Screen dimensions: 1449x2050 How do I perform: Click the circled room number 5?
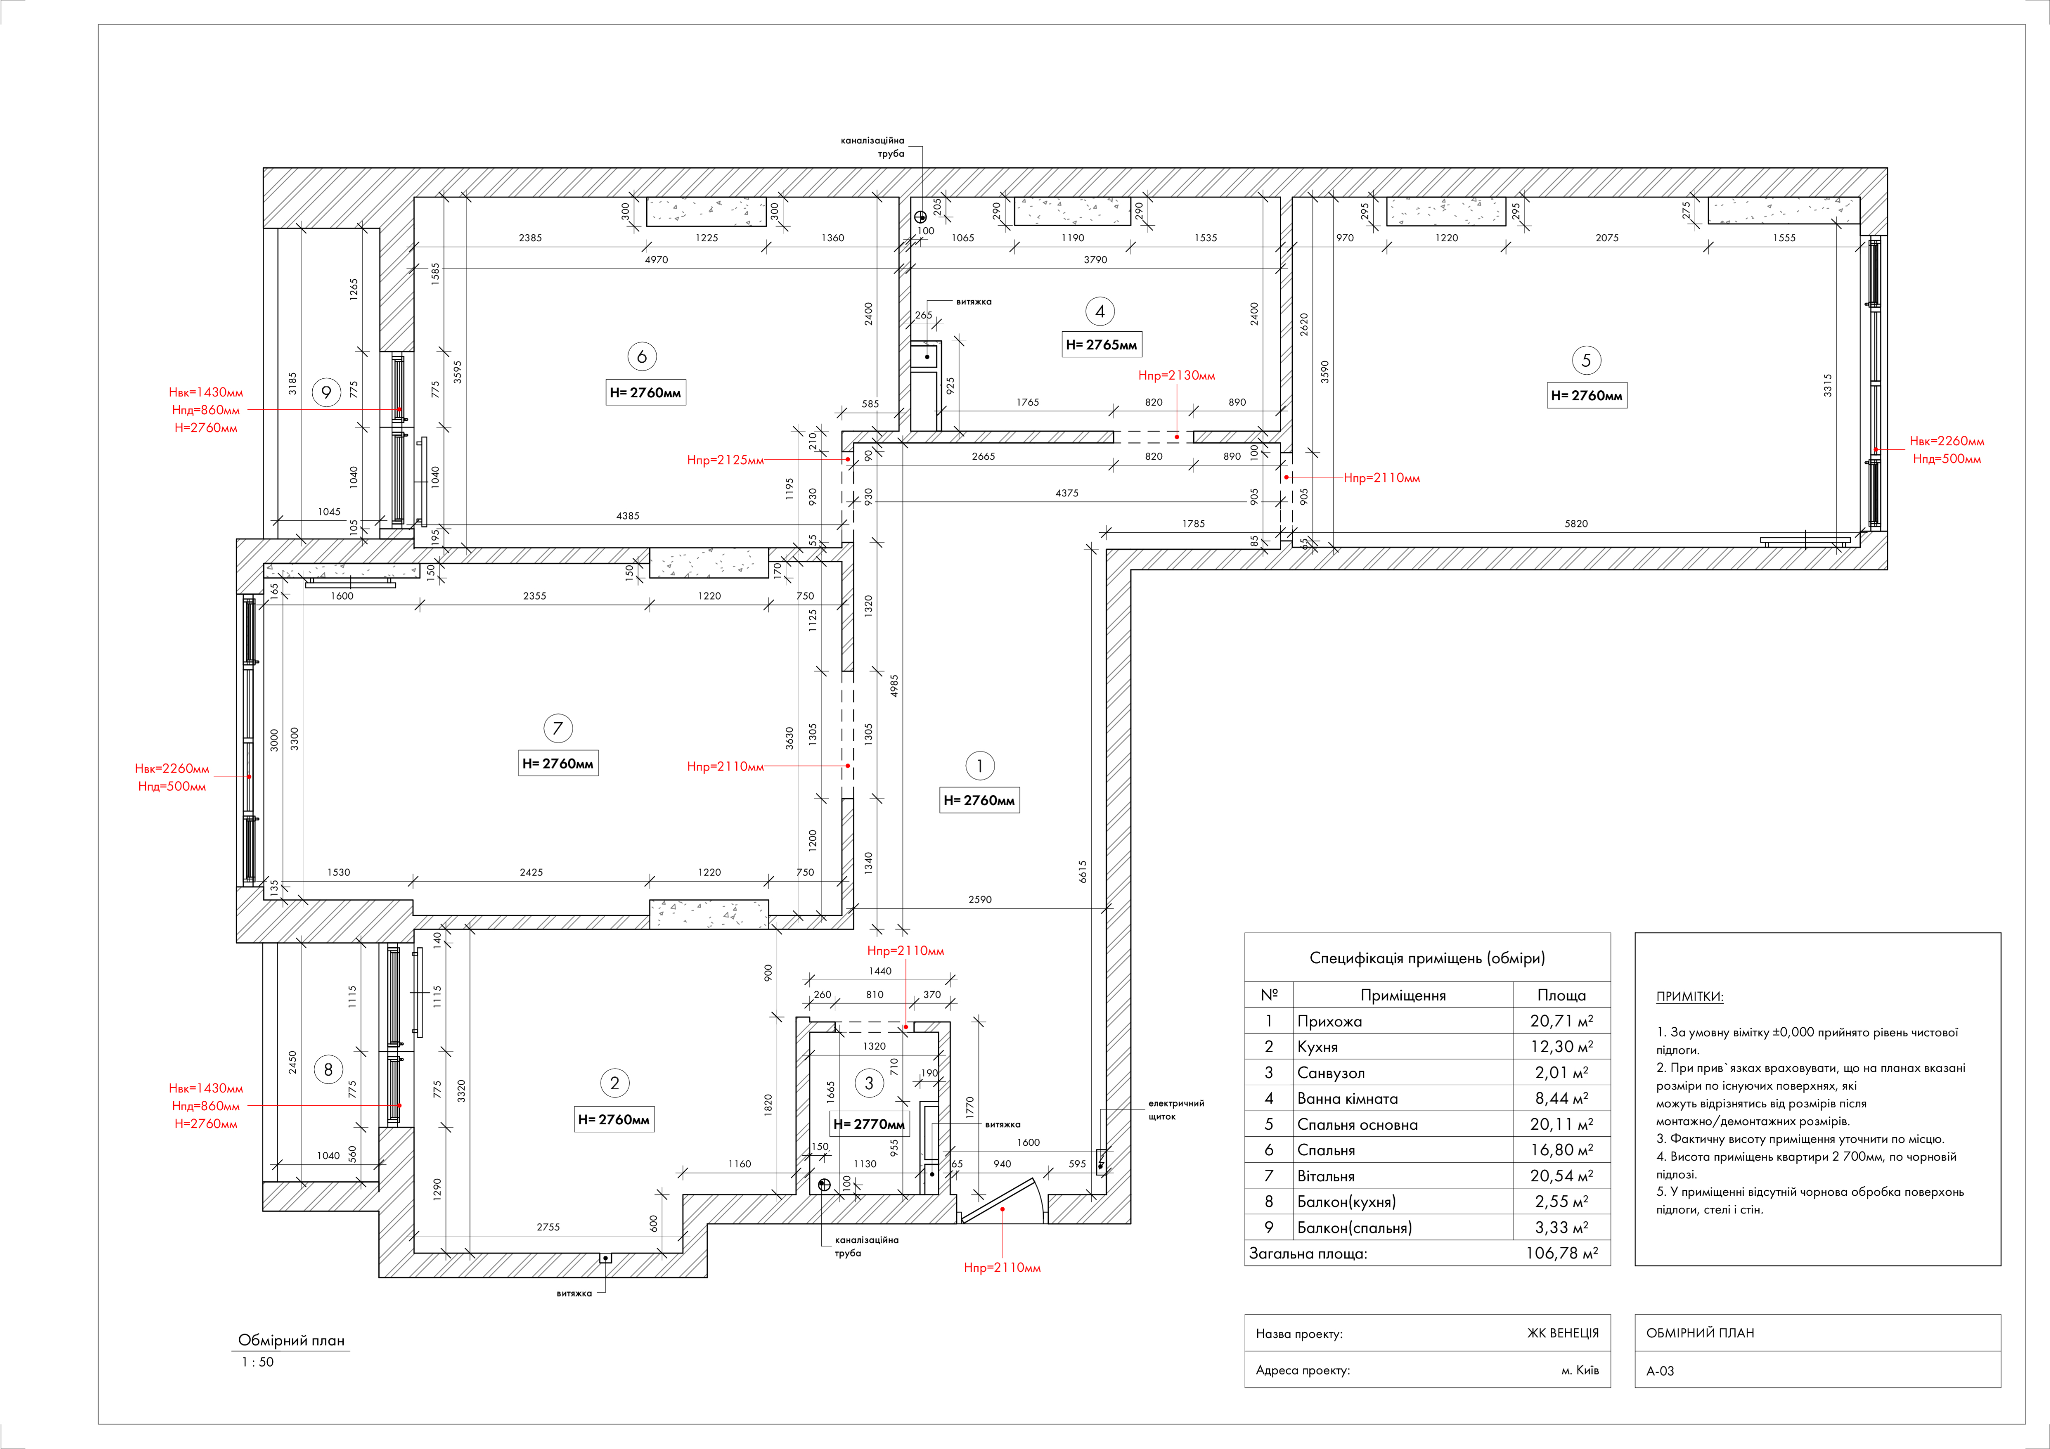1586,361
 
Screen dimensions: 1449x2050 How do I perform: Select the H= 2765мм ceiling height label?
1101,345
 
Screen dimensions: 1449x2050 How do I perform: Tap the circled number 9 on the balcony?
327,392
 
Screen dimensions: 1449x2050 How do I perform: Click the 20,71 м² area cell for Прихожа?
1561,1021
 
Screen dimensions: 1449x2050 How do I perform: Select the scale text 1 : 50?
257,1361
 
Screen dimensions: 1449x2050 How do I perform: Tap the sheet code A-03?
1660,1370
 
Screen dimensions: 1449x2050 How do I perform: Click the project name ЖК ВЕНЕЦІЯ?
1563,1333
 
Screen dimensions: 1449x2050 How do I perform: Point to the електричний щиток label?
1175,1110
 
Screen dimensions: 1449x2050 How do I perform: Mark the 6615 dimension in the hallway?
1082,872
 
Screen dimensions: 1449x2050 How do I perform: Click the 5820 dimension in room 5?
1576,524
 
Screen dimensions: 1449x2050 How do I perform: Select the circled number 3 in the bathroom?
869,1083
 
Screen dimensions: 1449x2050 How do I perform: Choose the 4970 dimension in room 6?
656,260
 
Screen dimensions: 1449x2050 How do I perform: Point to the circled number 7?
557,729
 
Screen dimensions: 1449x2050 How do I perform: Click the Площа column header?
1561,995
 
